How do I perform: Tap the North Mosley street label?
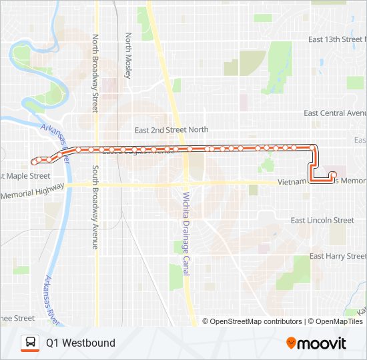[128, 54]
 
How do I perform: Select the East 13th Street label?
[336, 40]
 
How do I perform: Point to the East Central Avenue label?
[334, 113]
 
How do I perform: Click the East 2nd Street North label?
[171, 130]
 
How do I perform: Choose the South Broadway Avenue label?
[95, 207]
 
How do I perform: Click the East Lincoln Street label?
[322, 220]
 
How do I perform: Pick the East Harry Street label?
[338, 256]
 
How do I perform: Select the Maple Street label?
[25, 176]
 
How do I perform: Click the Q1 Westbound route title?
[80, 343]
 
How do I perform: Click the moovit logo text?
[322, 343]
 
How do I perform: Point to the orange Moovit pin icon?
[291, 343]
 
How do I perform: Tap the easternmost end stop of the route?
[333, 175]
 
